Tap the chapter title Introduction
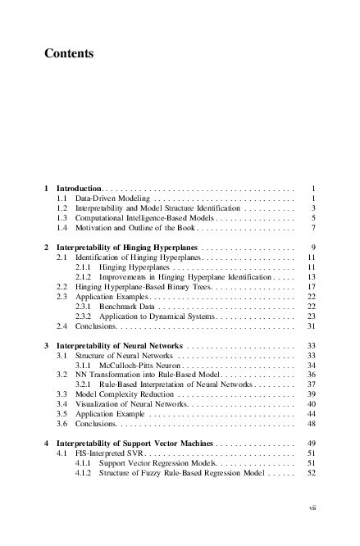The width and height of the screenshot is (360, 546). pyautogui.click(x=78, y=189)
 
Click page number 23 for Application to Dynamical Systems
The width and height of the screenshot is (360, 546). pyautogui.click(x=311, y=316)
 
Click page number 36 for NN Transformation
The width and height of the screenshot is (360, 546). pyautogui.click(x=311, y=375)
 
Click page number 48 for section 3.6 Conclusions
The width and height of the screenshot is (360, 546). pyautogui.click(x=311, y=424)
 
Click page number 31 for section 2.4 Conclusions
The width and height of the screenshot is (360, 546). pyautogui.click(x=311, y=325)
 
